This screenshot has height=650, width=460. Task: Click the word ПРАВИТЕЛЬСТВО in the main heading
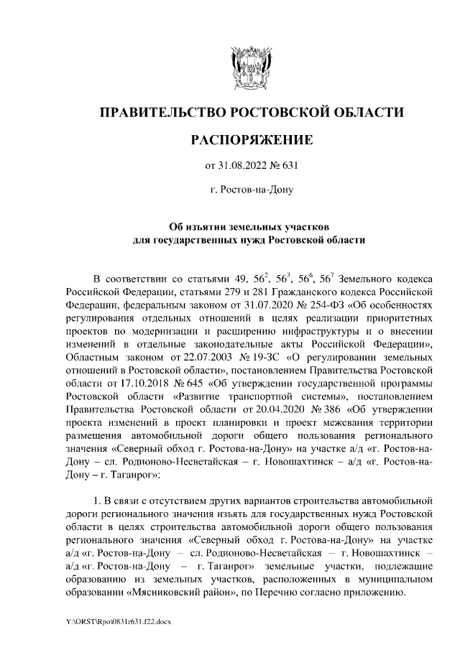[159, 113]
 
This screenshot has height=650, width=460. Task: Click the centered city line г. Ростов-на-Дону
[250, 192]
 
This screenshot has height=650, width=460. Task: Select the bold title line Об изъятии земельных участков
[250, 226]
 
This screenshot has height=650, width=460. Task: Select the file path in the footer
[112, 621]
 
